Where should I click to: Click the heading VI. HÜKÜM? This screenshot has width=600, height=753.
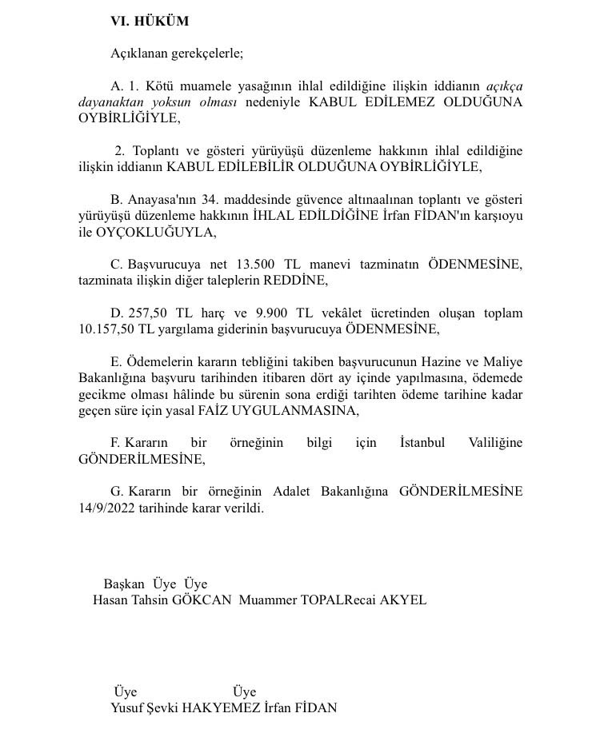point(150,22)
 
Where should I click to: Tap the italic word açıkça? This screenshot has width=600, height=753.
point(505,86)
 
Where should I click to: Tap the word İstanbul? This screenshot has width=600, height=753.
point(422,443)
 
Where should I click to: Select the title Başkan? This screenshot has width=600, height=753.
point(124,584)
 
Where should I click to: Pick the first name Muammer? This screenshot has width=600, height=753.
point(267,600)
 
